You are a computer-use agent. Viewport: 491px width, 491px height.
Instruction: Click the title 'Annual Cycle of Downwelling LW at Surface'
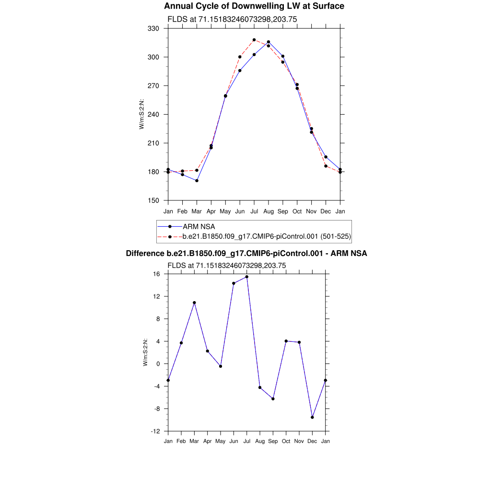254,6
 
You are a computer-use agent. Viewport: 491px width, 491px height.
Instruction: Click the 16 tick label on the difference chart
157,274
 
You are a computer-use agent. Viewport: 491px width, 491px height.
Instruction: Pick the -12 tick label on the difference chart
155,431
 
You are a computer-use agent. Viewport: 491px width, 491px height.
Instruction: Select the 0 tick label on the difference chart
159,364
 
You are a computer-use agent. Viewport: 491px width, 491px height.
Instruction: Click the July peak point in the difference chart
247,277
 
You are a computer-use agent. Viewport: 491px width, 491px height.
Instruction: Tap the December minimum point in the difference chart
312,417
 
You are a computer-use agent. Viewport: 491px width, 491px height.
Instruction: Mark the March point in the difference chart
194,303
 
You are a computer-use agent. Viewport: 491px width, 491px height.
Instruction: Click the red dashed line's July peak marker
254,40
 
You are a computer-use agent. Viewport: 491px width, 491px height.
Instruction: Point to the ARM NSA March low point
197,181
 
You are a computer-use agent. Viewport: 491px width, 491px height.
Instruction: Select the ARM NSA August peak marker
269,42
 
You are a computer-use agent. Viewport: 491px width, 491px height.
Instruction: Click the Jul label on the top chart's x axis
254,211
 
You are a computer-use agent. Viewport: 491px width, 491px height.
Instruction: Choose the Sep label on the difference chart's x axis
273,441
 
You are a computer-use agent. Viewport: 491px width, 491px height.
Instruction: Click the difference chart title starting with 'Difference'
246,253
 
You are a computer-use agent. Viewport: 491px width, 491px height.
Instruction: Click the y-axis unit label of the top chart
141,114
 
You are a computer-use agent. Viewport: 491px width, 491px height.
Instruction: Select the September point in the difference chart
273,399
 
